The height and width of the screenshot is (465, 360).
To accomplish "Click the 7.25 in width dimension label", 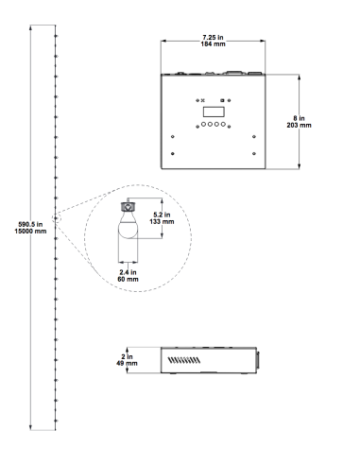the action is [213, 38].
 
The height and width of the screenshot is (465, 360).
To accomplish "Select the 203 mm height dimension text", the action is [299, 125].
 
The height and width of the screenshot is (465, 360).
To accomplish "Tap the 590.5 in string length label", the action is [30, 224].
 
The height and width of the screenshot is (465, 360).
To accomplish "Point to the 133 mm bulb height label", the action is [162, 221].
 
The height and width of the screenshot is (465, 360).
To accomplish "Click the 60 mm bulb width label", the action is [128, 279].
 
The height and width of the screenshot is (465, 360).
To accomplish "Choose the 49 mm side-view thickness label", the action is [127, 363].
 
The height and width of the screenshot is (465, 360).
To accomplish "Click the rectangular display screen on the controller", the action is [214, 112].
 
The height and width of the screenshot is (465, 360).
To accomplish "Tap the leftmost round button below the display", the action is [204, 124].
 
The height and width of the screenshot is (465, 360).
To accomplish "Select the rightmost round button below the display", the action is [223, 124].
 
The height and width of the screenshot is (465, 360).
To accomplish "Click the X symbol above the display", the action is [202, 100].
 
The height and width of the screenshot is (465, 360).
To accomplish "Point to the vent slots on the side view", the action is [184, 360].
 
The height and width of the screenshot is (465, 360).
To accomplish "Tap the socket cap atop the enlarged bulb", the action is [128, 207].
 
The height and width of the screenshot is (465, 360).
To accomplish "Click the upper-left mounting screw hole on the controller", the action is [173, 136].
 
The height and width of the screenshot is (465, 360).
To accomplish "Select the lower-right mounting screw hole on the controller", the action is [254, 153].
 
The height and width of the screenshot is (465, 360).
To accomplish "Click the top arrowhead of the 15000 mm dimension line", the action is [30, 27].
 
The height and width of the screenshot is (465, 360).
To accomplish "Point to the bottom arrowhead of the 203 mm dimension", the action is [299, 166].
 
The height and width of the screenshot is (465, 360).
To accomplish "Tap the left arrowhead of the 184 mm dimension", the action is [163, 41].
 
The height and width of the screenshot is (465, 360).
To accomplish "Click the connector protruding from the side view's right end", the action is [258, 360].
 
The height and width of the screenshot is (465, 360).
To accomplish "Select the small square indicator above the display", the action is [222, 100].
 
